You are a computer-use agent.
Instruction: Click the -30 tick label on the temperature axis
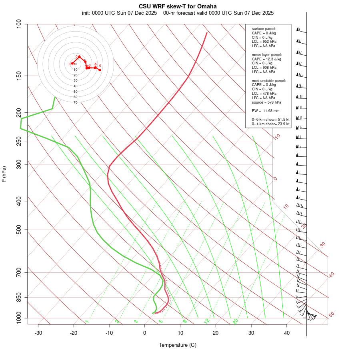point(38,333)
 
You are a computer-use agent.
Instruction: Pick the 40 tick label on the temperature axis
point(287,333)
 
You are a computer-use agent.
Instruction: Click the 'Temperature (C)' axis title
point(178,345)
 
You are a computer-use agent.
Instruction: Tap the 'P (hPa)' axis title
point(4,174)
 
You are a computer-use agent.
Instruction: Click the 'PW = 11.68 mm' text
point(266,110)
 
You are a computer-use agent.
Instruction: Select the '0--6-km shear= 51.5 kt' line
point(270,119)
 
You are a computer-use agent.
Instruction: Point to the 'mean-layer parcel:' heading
point(267,54)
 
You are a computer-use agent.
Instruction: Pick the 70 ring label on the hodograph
point(76,102)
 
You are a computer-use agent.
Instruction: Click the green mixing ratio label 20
point(236,321)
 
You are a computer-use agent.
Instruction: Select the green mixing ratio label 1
point(86,322)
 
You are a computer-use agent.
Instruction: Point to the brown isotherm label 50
point(331,315)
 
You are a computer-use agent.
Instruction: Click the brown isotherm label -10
point(277,137)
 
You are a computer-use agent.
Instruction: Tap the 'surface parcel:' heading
point(264,29)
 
